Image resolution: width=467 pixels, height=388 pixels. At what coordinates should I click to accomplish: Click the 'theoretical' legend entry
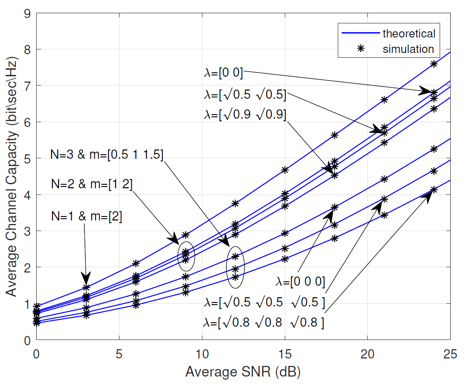point(408,34)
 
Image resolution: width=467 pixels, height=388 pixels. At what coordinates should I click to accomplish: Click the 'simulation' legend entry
point(408,48)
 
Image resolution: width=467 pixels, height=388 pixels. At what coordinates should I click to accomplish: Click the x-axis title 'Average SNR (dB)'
point(243,373)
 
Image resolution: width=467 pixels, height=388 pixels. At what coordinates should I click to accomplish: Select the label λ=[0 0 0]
point(301,282)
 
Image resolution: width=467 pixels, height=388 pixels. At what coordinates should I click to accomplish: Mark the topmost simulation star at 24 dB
point(434,64)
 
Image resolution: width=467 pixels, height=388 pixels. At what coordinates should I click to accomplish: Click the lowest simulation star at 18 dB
point(334,238)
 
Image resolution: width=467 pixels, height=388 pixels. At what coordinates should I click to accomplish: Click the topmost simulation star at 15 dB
point(285,170)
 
